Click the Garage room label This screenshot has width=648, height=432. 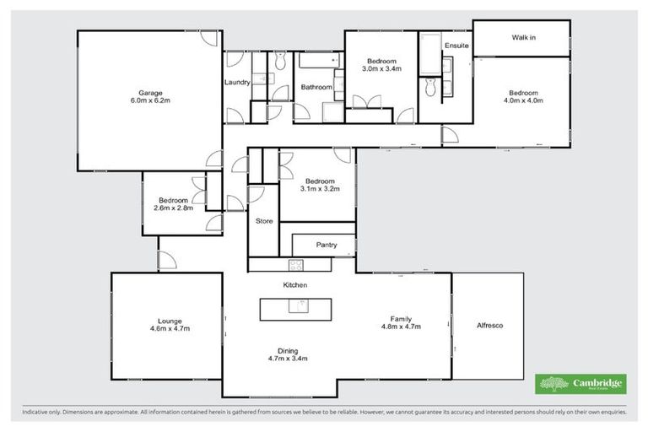point(150,92)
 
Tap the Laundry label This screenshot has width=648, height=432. point(236,82)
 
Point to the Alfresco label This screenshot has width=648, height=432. point(489,325)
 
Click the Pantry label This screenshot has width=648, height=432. point(327,246)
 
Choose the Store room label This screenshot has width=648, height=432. point(263,220)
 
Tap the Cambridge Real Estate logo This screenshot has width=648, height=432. point(580,384)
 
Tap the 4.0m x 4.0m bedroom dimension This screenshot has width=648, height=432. point(524,100)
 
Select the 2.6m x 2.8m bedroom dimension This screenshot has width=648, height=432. point(173,208)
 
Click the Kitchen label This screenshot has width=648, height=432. point(294,285)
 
